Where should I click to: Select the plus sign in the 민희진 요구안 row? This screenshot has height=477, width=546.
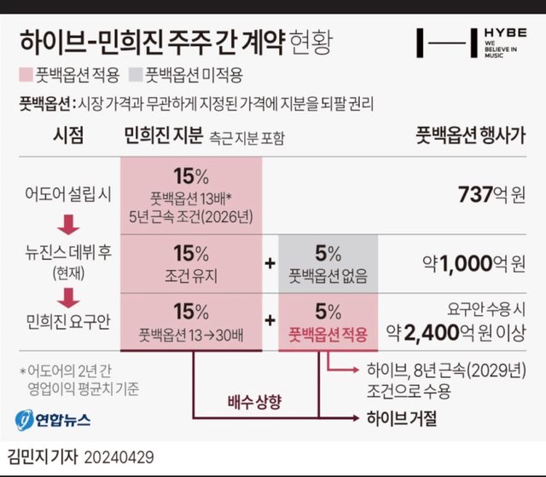270,319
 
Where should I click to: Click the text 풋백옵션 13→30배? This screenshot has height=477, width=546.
191,336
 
